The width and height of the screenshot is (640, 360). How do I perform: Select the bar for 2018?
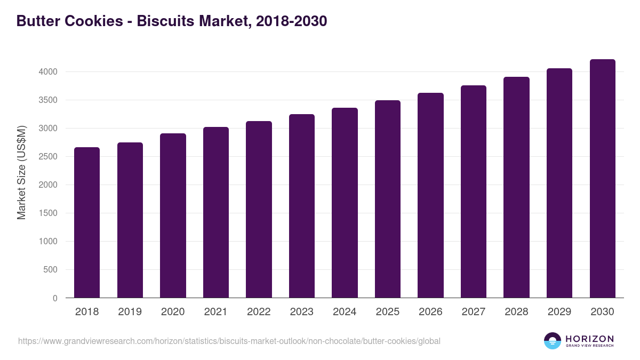point(87,222)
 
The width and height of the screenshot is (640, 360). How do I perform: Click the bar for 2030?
point(602,179)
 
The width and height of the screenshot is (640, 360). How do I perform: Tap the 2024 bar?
point(345,203)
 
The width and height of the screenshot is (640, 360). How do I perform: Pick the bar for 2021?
point(216,212)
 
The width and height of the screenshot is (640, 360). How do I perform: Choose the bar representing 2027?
point(474,191)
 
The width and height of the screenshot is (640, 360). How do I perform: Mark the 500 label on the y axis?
point(51,270)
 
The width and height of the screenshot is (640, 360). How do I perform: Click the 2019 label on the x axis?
point(130,312)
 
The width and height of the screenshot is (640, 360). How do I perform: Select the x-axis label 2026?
point(430,312)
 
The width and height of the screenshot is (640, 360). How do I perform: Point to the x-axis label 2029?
point(559,312)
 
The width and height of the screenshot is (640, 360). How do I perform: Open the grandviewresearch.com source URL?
point(229,341)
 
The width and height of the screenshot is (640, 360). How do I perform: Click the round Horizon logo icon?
point(553,341)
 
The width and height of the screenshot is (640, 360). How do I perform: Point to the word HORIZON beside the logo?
point(589,339)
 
